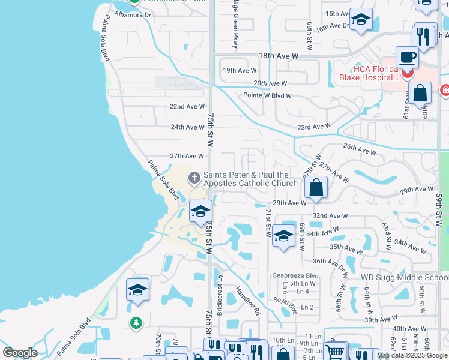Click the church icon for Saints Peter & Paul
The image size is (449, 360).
[x=194, y=178]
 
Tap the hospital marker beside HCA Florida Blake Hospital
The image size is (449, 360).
[x=408, y=73]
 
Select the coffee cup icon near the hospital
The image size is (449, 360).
[x=407, y=58]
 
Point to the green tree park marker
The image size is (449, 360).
[x=136, y=323]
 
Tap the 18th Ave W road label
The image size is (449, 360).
[x=279, y=56]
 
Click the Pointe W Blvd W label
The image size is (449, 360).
[x=268, y=96]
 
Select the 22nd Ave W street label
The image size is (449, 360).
[x=187, y=107]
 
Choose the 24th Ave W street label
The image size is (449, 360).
[x=187, y=127]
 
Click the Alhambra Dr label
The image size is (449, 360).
[x=133, y=15]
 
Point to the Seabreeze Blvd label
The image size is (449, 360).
[x=295, y=275]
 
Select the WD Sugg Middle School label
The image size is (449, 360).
[x=404, y=277]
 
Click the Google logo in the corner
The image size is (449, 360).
[x=20, y=353]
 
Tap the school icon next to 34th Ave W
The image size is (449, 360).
[x=283, y=236]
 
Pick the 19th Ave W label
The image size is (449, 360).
[x=240, y=71]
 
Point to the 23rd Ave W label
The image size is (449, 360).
[x=313, y=127]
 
